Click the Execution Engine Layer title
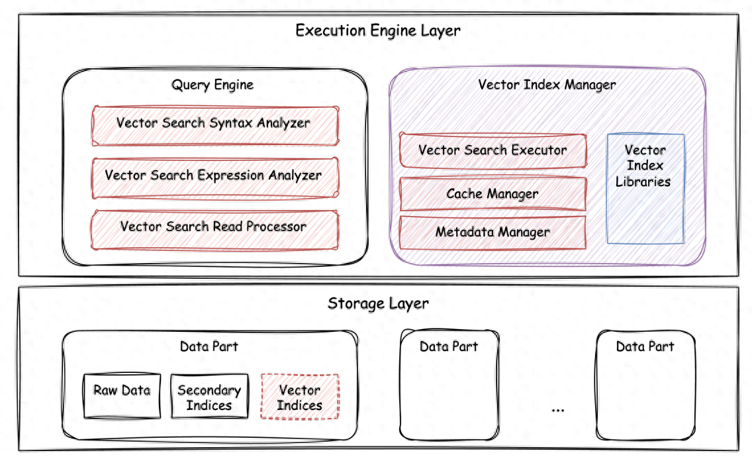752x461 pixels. click(x=377, y=30)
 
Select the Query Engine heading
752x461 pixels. click(x=212, y=85)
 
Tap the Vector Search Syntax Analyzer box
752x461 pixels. click(x=214, y=125)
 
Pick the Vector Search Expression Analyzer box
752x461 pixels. click(x=214, y=177)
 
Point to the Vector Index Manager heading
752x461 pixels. click(x=547, y=85)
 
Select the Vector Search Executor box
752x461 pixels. click(x=493, y=150)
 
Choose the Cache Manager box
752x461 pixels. click(x=493, y=194)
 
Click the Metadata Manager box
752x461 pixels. click(x=493, y=232)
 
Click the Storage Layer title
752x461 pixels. click(x=378, y=304)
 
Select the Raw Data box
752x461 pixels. click(x=122, y=395)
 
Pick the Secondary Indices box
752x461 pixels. click(x=209, y=397)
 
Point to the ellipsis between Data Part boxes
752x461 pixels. click(x=557, y=410)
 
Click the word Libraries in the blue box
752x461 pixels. click(x=643, y=181)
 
